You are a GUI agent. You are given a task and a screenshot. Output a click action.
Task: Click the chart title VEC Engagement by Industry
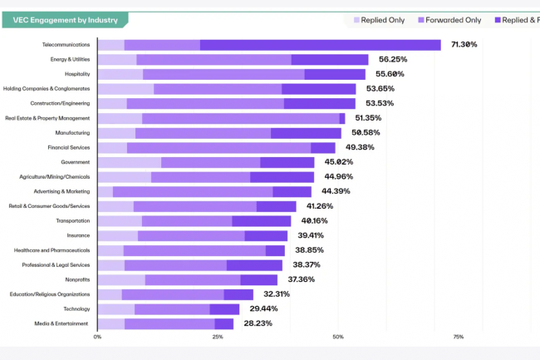tap(65, 20)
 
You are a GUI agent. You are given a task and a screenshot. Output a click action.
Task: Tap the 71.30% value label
tap(464, 44)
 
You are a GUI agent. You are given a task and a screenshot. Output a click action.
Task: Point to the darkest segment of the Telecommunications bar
tap(320, 45)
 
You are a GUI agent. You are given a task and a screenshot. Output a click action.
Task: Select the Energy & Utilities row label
tap(71, 60)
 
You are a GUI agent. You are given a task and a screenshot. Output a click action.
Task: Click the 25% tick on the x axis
tap(218, 338)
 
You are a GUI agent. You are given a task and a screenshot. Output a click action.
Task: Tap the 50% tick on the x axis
tap(338, 338)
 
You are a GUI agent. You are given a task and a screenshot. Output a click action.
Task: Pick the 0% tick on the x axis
tap(98, 338)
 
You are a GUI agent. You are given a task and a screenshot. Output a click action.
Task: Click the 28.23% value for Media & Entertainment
tap(258, 323)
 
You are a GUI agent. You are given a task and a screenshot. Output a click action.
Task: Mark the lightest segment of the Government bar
tap(129, 162)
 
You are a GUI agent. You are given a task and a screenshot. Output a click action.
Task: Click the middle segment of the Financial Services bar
tap(218, 147)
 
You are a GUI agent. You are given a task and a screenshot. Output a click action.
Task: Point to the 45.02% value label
tap(338, 162)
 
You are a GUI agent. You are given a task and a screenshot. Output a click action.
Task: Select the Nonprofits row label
tap(76, 279)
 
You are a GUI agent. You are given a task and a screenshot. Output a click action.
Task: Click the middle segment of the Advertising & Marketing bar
tap(193, 191)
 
